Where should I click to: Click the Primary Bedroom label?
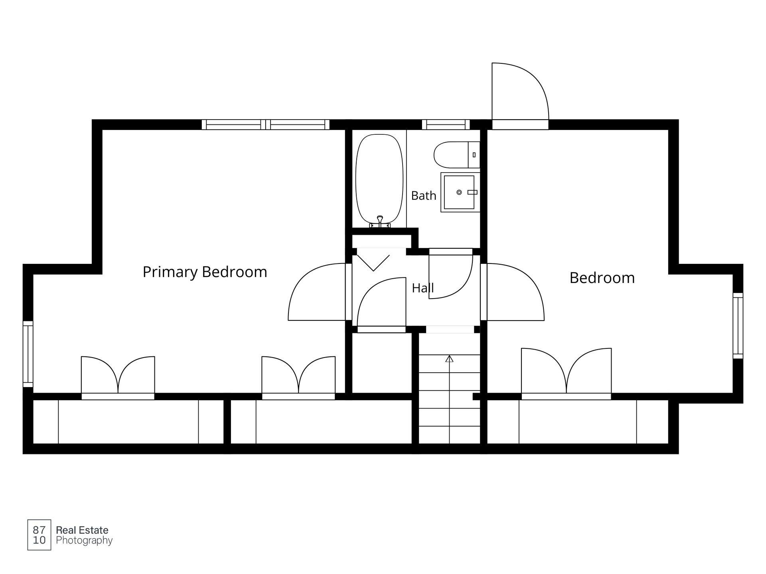tap(205, 272)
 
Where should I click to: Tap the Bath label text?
tap(424, 196)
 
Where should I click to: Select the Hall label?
tap(422, 288)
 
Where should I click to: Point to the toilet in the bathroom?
tap(457, 155)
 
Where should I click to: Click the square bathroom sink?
tap(460, 192)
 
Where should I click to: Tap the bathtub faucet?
tap(380, 222)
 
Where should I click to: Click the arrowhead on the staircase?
tap(450, 358)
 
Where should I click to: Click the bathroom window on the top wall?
tap(446, 125)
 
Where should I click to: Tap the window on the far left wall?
tap(28, 354)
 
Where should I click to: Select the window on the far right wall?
tap(738, 326)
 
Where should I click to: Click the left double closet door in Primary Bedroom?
tap(118, 377)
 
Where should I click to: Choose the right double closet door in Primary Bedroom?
tap(298, 377)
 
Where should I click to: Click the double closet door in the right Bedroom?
tap(567, 373)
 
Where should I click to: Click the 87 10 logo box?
tap(39, 535)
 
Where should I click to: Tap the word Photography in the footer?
tap(84, 541)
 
